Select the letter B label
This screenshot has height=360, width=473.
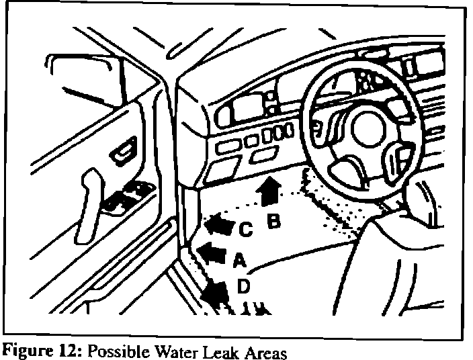coord(273,220)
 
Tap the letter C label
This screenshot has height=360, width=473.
coord(246,230)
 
